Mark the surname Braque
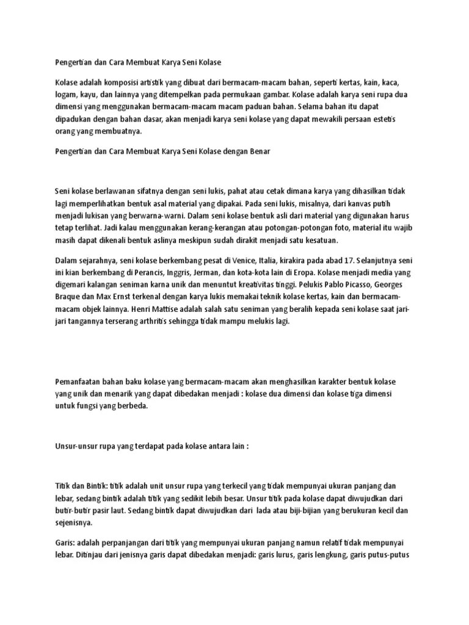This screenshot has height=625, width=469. point(69,297)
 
